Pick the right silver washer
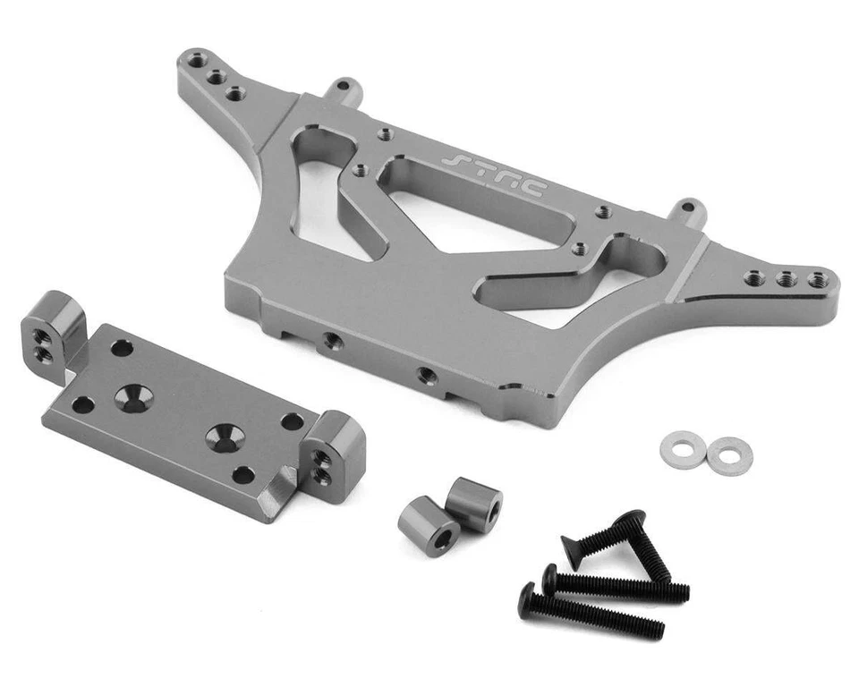pyautogui.click(x=729, y=455)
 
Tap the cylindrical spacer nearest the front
pyautogui.click(x=429, y=526)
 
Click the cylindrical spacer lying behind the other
pyautogui.click(x=474, y=504)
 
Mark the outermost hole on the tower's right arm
pyautogui.click(x=816, y=279)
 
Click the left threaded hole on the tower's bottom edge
pyautogui.click(x=332, y=341)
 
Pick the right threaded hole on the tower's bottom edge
pyautogui.click(x=427, y=375)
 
